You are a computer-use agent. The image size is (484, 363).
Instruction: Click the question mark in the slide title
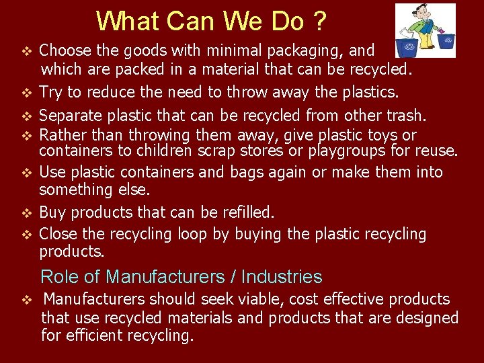coord(319,22)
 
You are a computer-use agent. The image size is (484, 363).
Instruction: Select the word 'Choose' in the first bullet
coord(65,50)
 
